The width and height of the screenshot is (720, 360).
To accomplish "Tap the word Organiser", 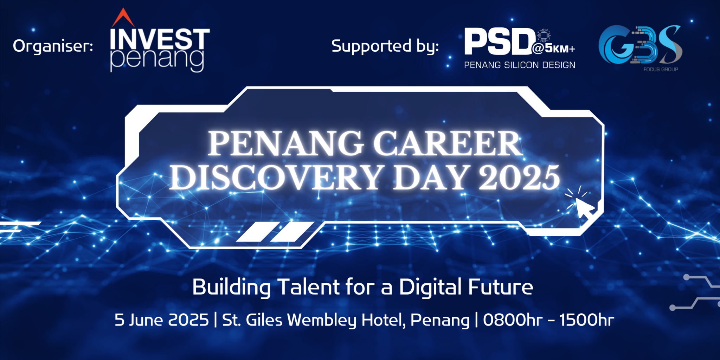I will pyautogui.click(x=53, y=46).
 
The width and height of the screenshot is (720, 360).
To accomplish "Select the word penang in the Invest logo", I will pyautogui.click(x=157, y=59).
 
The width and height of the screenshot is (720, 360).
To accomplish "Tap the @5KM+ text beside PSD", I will pyautogui.click(x=554, y=49).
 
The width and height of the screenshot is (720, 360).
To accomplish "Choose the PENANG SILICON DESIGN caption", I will pyautogui.click(x=519, y=65).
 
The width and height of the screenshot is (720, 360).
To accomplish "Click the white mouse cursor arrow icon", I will pyautogui.click(x=584, y=208).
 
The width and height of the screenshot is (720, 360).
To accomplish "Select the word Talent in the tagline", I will pyautogui.click(x=309, y=287).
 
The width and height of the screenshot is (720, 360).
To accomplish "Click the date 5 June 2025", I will pyautogui.click(x=161, y=320).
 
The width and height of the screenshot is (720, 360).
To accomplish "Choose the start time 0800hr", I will pyautogui.click(x=512, y=320).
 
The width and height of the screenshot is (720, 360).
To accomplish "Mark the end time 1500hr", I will pyautogui.click(x=586, y=320).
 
